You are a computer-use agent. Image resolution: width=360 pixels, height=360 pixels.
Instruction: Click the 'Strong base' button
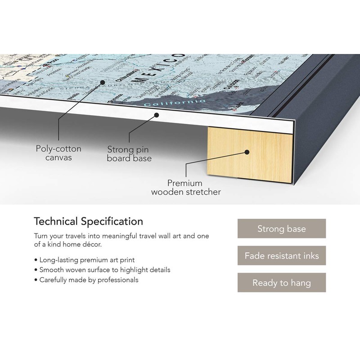point(281,229)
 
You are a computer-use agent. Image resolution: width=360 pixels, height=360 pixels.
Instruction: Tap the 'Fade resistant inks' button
point(281,256)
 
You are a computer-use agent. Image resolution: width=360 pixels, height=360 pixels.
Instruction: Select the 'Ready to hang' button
point(281,283)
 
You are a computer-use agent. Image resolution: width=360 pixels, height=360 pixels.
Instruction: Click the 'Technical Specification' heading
point(89,221)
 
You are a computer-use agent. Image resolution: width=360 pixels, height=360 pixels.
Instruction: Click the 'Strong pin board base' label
point(129,153)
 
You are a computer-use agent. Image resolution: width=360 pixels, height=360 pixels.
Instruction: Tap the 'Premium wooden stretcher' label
point(185,188)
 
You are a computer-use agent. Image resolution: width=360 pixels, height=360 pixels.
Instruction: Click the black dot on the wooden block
point(247,153)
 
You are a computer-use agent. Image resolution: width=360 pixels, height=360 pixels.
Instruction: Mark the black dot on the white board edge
point(156,115)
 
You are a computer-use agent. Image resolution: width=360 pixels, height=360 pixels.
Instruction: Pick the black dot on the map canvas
point(103,82)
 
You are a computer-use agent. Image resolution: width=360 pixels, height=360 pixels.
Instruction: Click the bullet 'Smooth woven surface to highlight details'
point(102,270)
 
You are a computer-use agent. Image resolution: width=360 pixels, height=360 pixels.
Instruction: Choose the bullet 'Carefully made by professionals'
point(86,280)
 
